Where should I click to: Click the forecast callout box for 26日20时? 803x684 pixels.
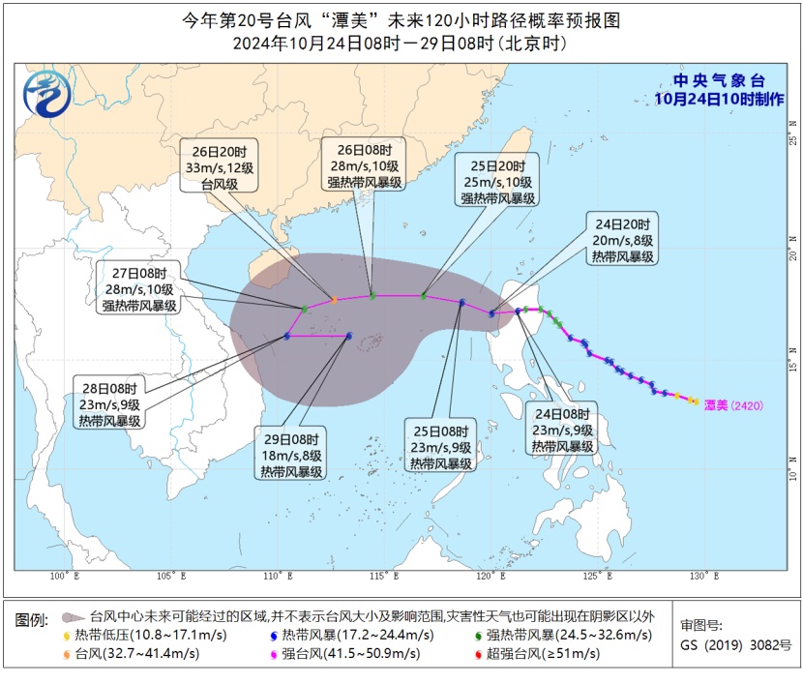[220, 167]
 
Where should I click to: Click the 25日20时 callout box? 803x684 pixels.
[496, 181]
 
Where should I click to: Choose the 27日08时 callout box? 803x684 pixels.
[139, 288]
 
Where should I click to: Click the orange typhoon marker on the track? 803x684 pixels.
[334, 300]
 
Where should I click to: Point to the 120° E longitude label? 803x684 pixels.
[491, 577]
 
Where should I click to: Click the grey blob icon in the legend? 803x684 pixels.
[70, 616]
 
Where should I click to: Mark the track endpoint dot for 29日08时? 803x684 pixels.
[349, 336]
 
